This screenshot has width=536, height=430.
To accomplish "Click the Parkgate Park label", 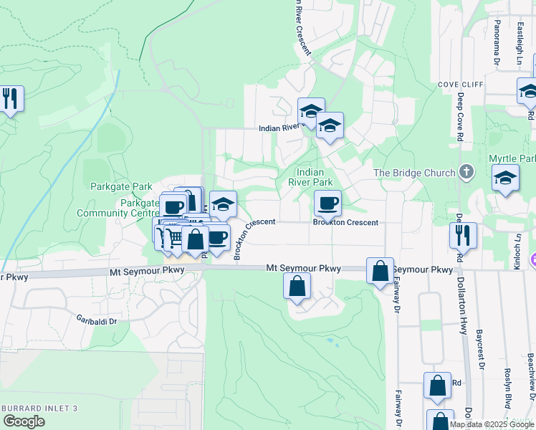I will [x=121, y=186].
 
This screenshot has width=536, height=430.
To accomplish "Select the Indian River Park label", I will [x=310, y=177].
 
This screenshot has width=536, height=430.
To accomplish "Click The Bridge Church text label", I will [x=414, y=173].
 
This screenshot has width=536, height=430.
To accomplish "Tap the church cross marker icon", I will [x=466, y=172].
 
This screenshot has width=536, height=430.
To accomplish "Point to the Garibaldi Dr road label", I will [x=97, y=320].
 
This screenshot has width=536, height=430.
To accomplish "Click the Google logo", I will [x=24, y=422].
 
